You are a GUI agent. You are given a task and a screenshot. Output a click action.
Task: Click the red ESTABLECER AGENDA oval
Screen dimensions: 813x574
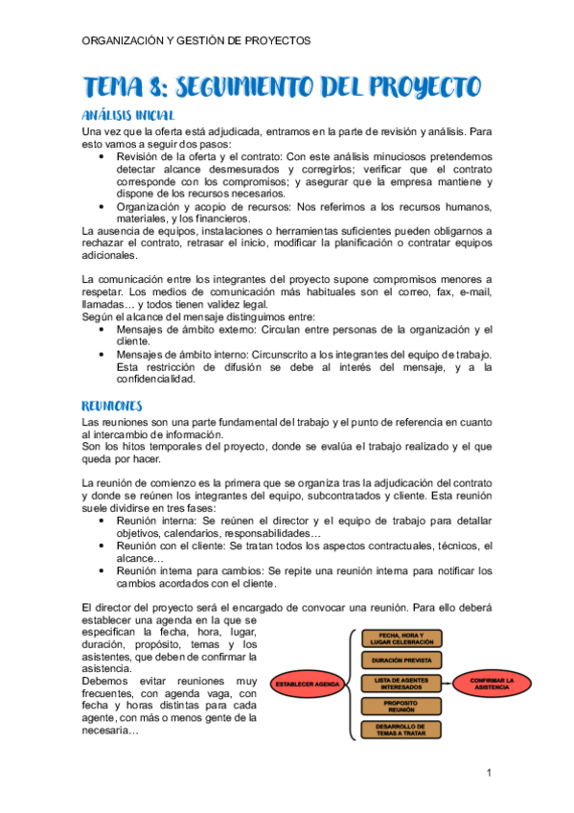(308, 685)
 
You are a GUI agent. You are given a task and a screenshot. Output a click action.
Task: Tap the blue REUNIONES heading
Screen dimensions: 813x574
(112, 405)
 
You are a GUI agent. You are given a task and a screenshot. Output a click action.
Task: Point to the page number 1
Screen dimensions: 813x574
(489, 774)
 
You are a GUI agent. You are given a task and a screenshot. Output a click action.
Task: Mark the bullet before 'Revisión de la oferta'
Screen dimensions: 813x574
(102, 155)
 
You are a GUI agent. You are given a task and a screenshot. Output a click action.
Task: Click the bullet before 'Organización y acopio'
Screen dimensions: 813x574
(102, 206)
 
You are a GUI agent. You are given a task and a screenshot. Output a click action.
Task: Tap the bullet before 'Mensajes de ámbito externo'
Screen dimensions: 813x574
(102, 329)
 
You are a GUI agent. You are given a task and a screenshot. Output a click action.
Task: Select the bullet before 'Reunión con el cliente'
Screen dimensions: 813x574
(102, 546)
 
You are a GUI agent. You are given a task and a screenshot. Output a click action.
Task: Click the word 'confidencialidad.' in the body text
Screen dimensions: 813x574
(155, 379)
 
